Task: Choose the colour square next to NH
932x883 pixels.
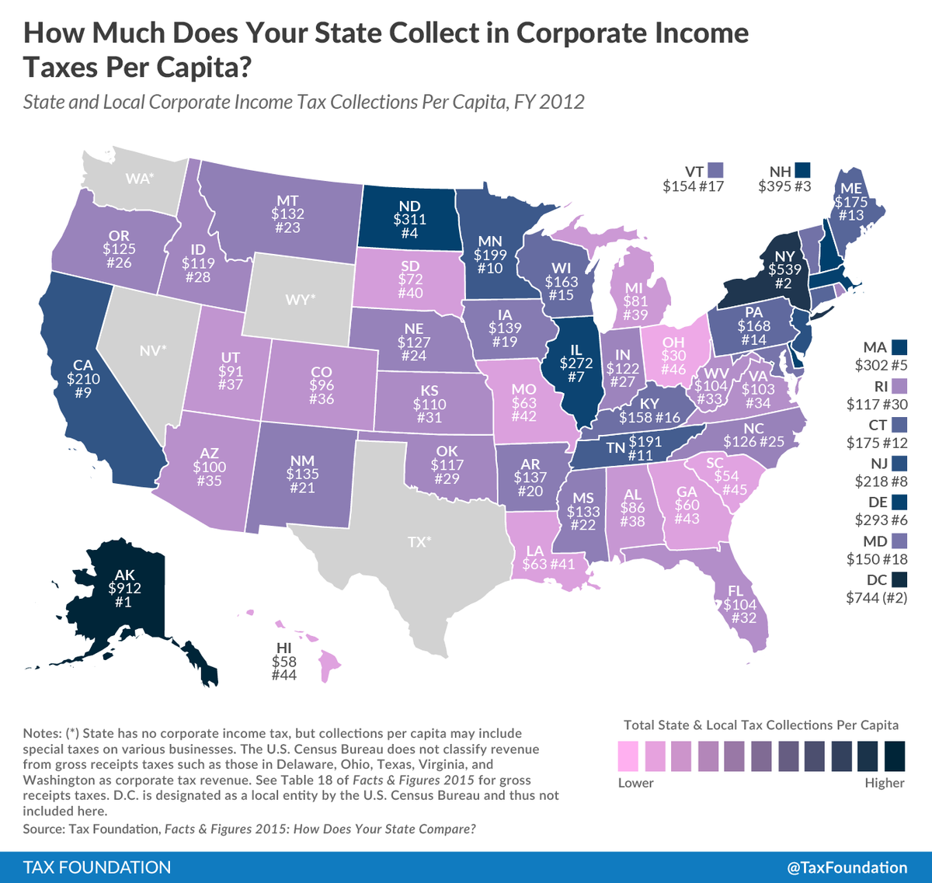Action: tap(803, 169)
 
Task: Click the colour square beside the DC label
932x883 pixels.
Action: tap(899, 579)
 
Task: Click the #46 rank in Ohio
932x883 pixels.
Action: tap(673, 370)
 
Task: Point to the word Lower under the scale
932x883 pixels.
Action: tap(636, 783)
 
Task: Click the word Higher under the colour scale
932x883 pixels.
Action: tap(885, 783)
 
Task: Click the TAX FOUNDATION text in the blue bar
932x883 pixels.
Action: tap(97, 867)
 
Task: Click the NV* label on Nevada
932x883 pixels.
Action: tap(153, 351)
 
